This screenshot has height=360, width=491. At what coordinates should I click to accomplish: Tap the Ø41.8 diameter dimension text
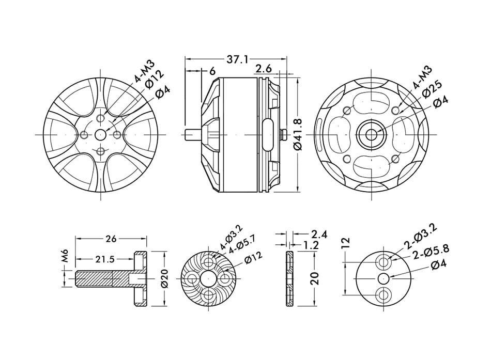tap(297, 134)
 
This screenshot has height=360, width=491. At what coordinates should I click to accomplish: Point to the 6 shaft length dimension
tap(212, 71)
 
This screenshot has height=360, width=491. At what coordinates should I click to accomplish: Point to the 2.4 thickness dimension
tap(319, 234)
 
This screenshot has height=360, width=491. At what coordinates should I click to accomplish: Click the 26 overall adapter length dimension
tap(111, 239)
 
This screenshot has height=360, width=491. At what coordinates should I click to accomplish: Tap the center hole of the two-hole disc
tap(383, 278)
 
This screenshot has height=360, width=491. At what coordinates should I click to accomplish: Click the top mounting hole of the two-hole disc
tap(383, 261)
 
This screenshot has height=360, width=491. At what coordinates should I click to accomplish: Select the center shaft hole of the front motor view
tap(100, 135)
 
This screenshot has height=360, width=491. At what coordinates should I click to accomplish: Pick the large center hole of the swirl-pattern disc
tap(208, 278)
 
